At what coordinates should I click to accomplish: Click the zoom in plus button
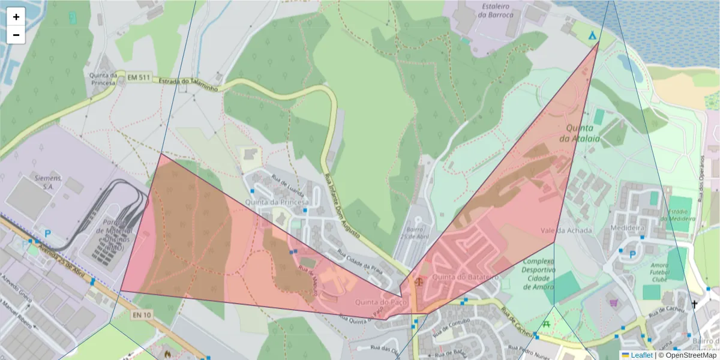pos(16,17)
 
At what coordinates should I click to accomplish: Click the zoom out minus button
pos(16,35)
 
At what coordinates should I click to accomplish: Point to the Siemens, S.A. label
pos(49,182)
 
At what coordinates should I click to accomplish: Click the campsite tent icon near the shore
pos(593,35)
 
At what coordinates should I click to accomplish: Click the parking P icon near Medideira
pos(632,254)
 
